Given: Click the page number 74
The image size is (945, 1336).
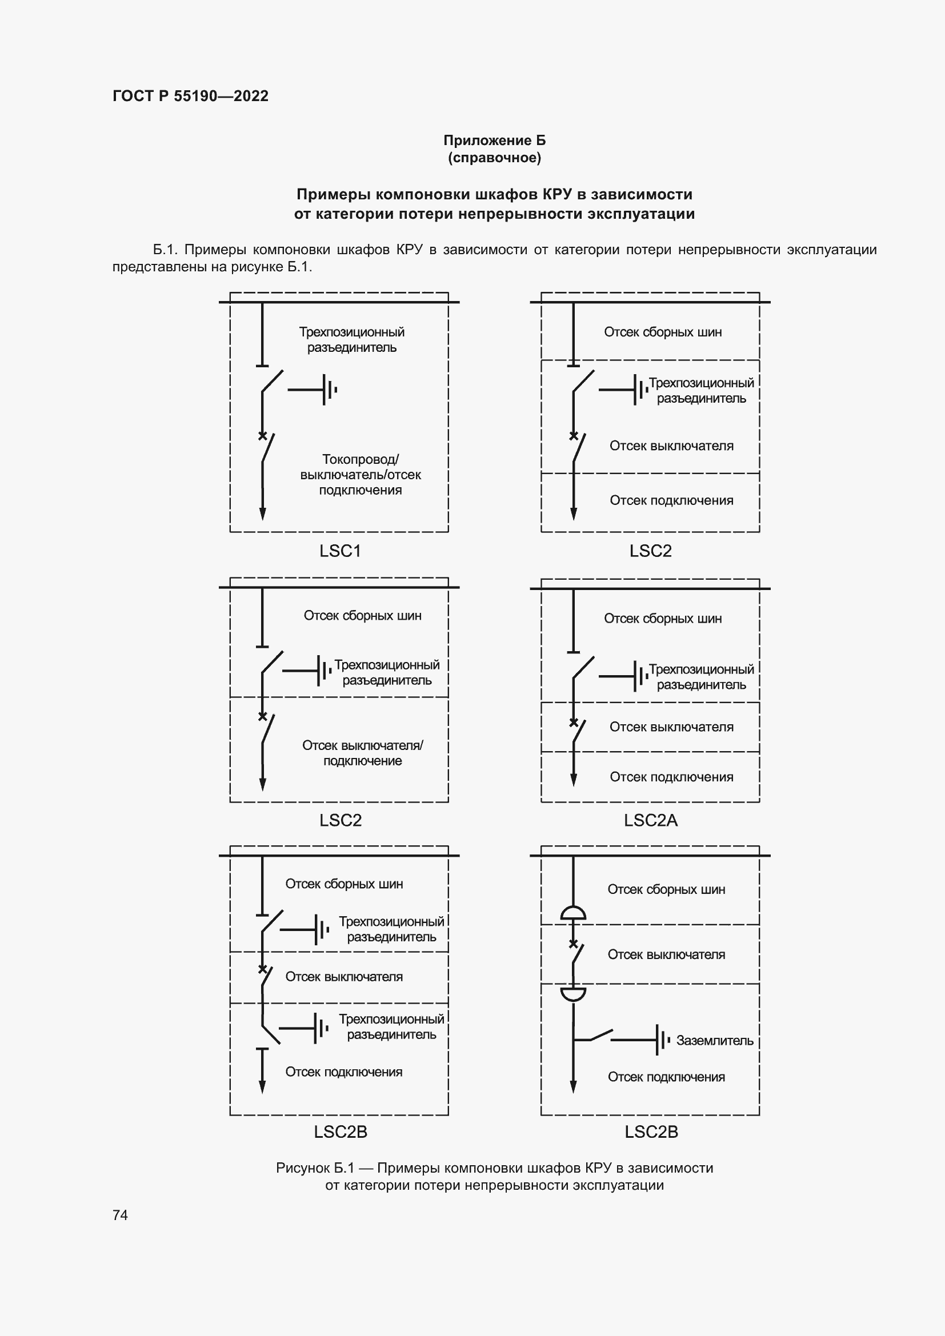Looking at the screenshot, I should [x=120, y=1214].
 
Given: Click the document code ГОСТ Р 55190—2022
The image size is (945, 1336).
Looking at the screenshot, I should [x=190, y=96].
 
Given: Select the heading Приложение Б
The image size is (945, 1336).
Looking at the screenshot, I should [x=494, y=141].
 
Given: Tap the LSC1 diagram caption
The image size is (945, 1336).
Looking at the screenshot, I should [x=340, y=551].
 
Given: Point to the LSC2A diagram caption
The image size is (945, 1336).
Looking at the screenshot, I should [x=650, y=820].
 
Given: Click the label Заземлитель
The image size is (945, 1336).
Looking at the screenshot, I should [x=714, y=1040].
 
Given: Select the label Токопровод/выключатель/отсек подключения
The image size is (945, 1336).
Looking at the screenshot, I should [x=360, y=474].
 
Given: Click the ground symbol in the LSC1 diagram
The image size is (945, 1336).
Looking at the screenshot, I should [x=329, y=390].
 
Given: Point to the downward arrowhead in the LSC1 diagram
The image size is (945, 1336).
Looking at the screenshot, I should [x=262, y=513].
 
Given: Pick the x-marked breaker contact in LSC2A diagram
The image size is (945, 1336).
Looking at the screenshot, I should [x=574, y=723].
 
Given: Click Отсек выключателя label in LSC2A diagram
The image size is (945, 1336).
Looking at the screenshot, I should [x=671, y=727].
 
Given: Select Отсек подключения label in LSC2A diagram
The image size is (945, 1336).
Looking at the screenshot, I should [x=671, y=777].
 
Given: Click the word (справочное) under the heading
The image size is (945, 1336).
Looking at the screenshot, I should [x=494, y=158].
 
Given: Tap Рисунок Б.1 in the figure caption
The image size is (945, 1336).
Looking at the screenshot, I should [x=315, y=1168].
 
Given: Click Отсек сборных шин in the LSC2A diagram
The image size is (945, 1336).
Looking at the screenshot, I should [x=662, y=618].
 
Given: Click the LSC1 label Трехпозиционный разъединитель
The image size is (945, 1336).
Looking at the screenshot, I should [x=351, y=339].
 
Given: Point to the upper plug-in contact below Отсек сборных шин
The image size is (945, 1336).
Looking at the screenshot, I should [x=573, y=913].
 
